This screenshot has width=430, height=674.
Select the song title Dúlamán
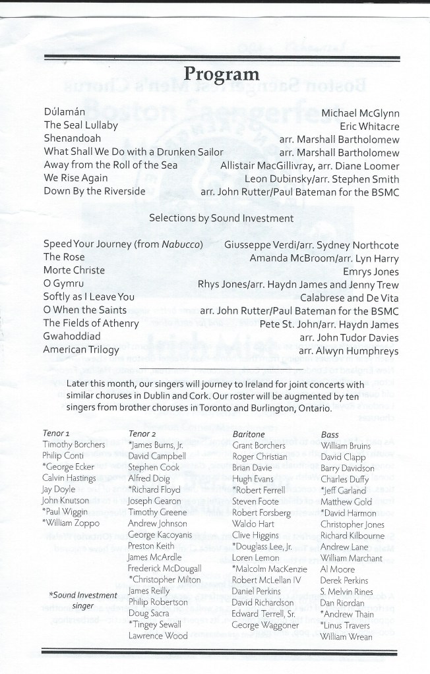pos(66,113)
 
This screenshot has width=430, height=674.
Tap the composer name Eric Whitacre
pos(370,126)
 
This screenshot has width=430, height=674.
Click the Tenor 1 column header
pos(57,435)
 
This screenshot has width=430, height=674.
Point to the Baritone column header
pos(248,435)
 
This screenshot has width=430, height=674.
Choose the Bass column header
pos(330,435)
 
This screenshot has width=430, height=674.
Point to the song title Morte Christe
pos(75,270)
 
